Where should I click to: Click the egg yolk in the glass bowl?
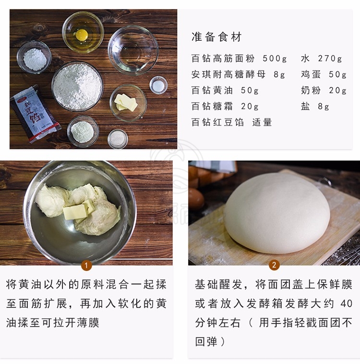point(82,35)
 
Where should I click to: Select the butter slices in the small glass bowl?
point(126,102)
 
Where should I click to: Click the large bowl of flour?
point(77,86)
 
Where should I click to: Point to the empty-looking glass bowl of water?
point(133,50)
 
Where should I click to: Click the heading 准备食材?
point(216,37)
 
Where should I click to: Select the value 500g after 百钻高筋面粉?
point(275,59)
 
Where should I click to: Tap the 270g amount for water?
point(330,59)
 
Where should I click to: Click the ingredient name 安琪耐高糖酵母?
point(228,74)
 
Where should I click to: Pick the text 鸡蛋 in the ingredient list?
point(311,74)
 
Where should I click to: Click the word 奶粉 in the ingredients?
point(311,90)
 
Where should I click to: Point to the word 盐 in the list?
point(305,106)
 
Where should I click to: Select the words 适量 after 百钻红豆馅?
point(262,122)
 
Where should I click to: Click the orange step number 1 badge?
point(86,265)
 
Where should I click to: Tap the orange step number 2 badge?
point(274,265)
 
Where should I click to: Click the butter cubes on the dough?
point(79,209)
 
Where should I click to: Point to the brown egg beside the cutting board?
point(196,199)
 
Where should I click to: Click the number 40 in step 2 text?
point(347,303)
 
